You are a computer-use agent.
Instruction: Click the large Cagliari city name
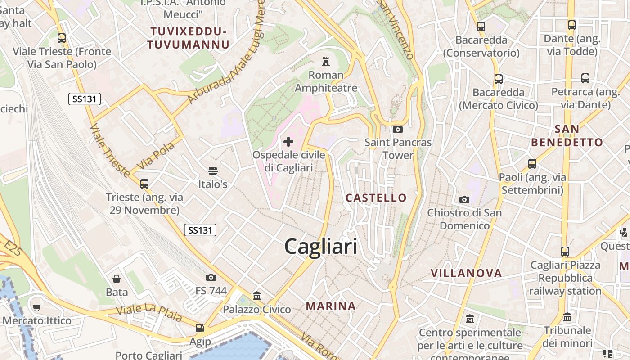click(x=321, y=247)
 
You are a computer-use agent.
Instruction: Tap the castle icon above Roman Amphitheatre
click(x=325, y=61)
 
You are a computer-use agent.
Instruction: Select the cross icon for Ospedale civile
click(x=288, y=142)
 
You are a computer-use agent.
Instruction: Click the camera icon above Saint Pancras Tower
click(x=398, y=130)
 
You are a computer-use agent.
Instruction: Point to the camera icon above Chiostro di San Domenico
click(x=464, y=199)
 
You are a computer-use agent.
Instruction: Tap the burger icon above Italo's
click(x=213, y=171)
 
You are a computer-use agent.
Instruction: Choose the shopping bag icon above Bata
click(x=117, y=279)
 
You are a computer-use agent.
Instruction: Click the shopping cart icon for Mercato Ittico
click(x=37, y=308)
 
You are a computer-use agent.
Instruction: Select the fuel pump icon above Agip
click(x=200, y=328)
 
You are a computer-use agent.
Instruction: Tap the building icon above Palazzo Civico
click(x=257, y=296)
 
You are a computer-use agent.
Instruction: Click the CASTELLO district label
click(x=376, y=198)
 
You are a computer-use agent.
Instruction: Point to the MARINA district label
click(x=331, y=306)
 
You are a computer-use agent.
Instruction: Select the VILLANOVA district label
click(x=466, y=273)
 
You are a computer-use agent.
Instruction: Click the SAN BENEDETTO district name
click(x=567, y=136)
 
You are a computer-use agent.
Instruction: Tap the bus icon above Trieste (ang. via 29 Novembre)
click(x=144, y=184)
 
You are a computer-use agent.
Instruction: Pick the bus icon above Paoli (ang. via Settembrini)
click(x=532, y=163)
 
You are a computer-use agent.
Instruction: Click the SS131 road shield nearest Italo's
click(x=200, y=230)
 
